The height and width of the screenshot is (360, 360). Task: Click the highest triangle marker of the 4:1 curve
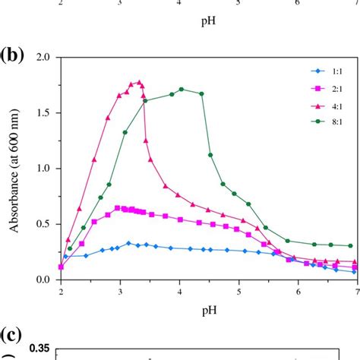tap(139, 82)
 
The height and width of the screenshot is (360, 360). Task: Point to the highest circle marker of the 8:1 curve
tap(181, 89)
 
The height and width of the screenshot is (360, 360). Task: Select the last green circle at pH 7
tap(350, 245)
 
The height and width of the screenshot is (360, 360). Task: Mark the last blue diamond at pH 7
tap(350, 271)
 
